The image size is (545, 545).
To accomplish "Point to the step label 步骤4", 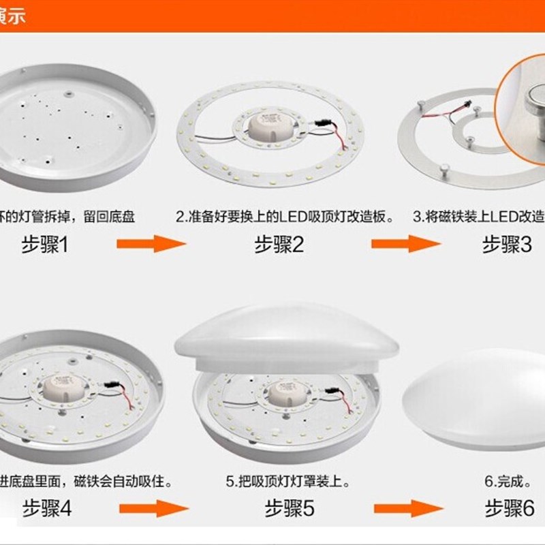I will pos(47,508).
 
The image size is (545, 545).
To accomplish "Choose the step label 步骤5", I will pos(290,508).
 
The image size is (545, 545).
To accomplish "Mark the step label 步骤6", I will pos(509,508).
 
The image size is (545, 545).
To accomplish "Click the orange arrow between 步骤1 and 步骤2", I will pos(151,243).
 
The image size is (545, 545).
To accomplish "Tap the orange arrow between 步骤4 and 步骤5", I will pos(154,508).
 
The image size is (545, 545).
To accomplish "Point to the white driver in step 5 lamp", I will pos(285,392).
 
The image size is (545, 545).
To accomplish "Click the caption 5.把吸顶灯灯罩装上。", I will pos(289,482).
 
